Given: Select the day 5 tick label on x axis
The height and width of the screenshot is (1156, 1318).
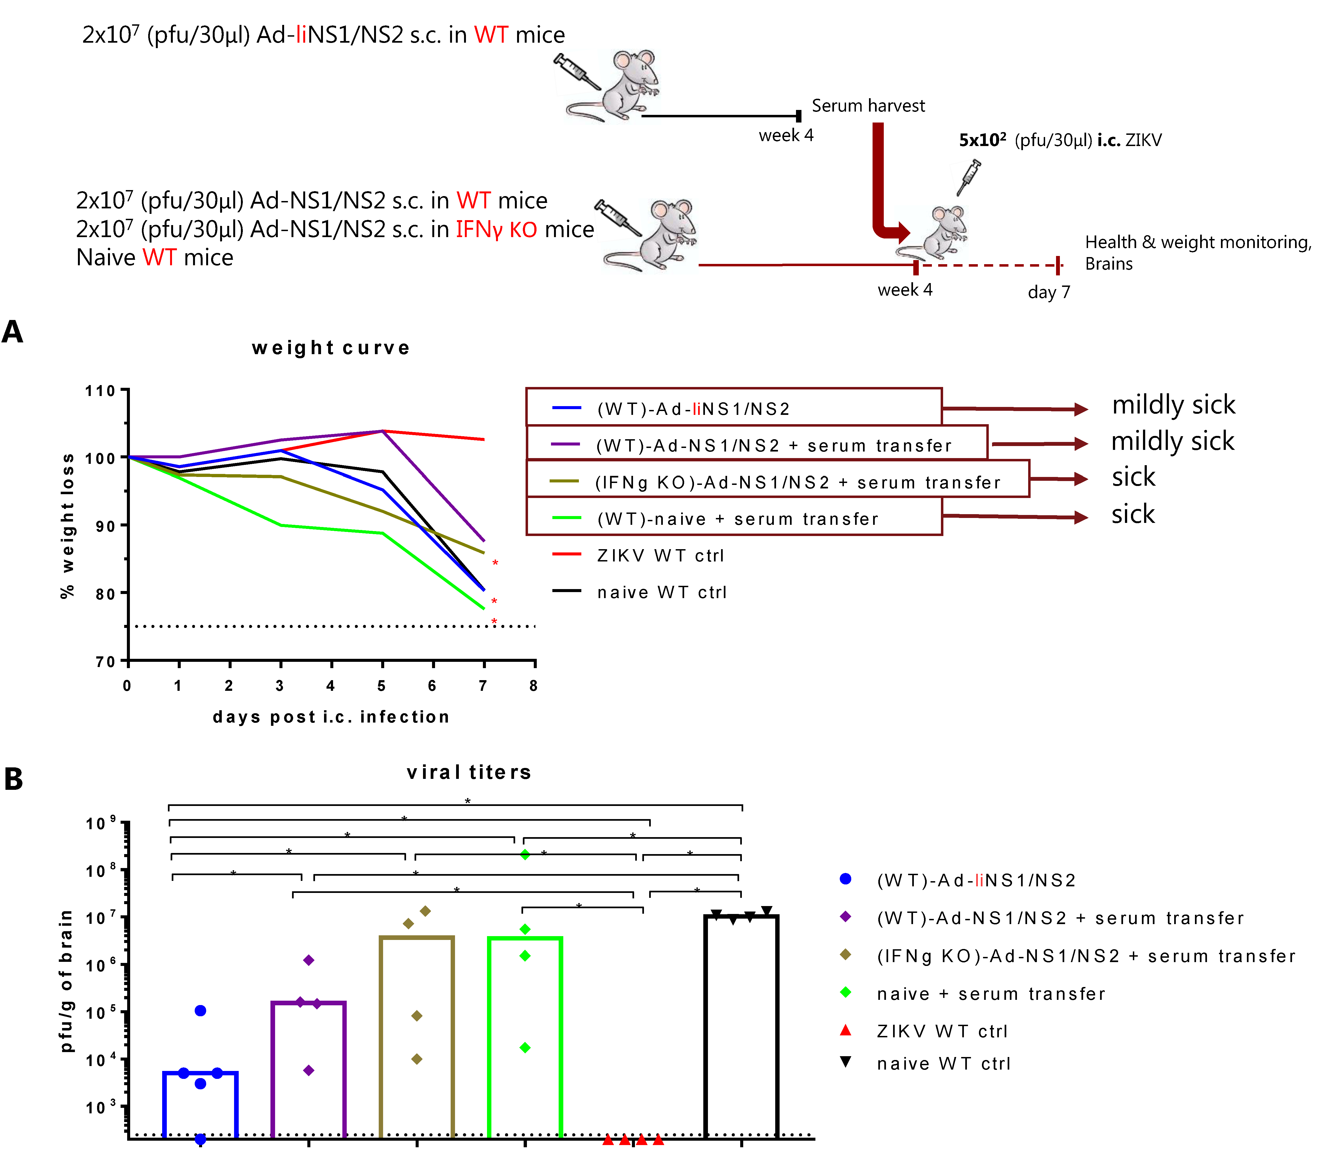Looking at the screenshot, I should pyautogui.click(x=382, y=686).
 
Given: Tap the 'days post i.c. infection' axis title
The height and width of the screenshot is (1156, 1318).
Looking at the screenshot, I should pyautogui.click(x=331, y=717).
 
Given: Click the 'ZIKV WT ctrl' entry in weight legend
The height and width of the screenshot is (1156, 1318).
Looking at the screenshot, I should pyautogui.click(x=660, y=556).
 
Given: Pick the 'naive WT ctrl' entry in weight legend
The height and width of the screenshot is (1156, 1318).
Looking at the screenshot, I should pyautogui.click(x=661, y=593).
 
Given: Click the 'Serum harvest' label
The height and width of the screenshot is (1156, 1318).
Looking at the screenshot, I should pyautogui.click(x=868, y=106).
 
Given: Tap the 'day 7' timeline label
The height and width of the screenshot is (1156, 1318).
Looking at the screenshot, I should pyautogui.click(x=1048, y=292).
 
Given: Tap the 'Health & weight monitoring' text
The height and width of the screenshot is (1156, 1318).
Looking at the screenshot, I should pyautogui.click(x=1197, y=242).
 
